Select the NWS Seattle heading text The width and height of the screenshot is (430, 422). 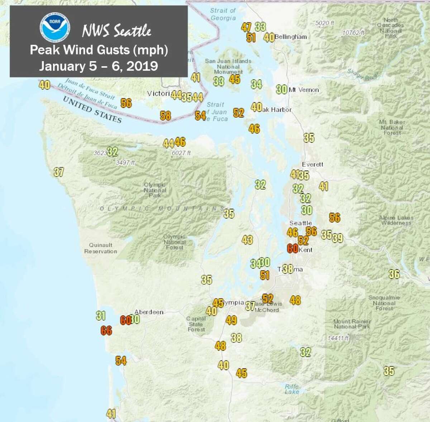coord(116,31)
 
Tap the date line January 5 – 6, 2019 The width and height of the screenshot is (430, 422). coord(99,66)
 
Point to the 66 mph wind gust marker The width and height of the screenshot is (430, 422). coord(106,330)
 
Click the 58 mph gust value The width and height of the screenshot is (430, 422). coord(165,116)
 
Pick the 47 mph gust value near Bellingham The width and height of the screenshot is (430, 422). coord(246,27)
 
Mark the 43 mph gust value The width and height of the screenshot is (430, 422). coord(247,239)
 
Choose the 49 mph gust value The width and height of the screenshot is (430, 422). coord(231,320)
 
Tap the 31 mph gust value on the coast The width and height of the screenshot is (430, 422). coord(101,316)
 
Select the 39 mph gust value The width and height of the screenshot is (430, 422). coord(338,238)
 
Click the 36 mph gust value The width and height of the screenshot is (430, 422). coord(394,274)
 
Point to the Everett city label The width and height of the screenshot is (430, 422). coord(312,164)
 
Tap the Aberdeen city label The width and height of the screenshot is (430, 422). coord(149,312)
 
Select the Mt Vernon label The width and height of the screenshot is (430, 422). coord(304,90)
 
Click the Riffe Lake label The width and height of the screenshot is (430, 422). coord(292,389)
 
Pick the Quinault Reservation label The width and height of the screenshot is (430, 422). coord(101,248)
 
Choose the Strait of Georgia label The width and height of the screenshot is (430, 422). coord(223,14)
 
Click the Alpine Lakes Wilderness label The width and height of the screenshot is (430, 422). coord(396,220)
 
